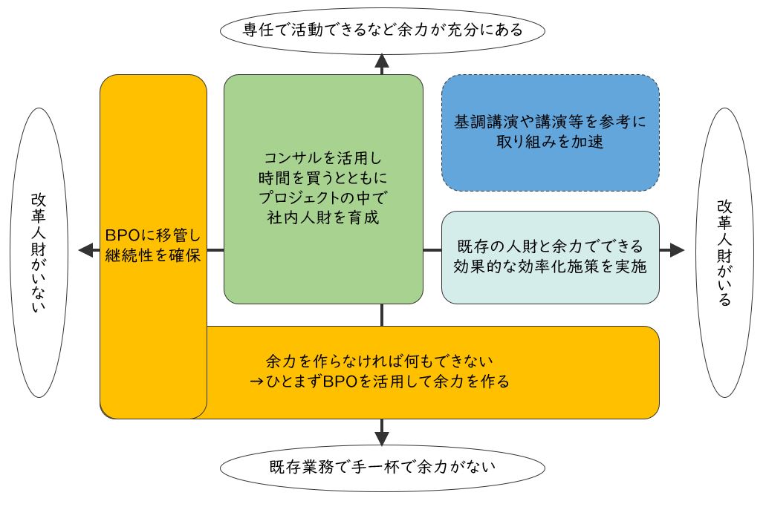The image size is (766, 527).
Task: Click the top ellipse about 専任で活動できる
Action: pyautogui.click(x=382, y=30)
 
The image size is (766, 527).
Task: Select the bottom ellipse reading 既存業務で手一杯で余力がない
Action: pyautogui.click(x=382, y=468)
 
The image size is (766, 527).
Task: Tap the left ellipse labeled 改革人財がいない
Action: pyautogui.click(x=39, y=252)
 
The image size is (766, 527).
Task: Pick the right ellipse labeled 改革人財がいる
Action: pyautogui.click(x=724, y=252)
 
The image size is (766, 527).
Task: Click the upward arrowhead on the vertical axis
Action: pyautogui.click(x=382, y=62)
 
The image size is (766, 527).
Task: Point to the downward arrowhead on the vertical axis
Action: pyautogui.click(x=382, y=437)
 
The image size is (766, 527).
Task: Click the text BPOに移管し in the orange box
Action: pyautogui.click(x=153, y=235)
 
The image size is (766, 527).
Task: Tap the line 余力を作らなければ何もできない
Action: pyautogui.click(x=380, y=361)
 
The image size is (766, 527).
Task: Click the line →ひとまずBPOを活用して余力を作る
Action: pyautogui.click(x=380, y=382)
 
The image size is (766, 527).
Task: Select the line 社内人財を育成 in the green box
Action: pyautogui.click(x=323, y=219)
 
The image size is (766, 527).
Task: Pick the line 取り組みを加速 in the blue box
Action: pyautogui.click(x=550, y=143)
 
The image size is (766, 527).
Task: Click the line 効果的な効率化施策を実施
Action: pyautogui.click(x=550, y=268)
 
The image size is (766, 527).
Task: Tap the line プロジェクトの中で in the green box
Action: pyautogui.click(x=323, y=199)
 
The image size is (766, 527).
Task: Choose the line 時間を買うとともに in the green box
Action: pyautogui.click(x=323, y=179)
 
